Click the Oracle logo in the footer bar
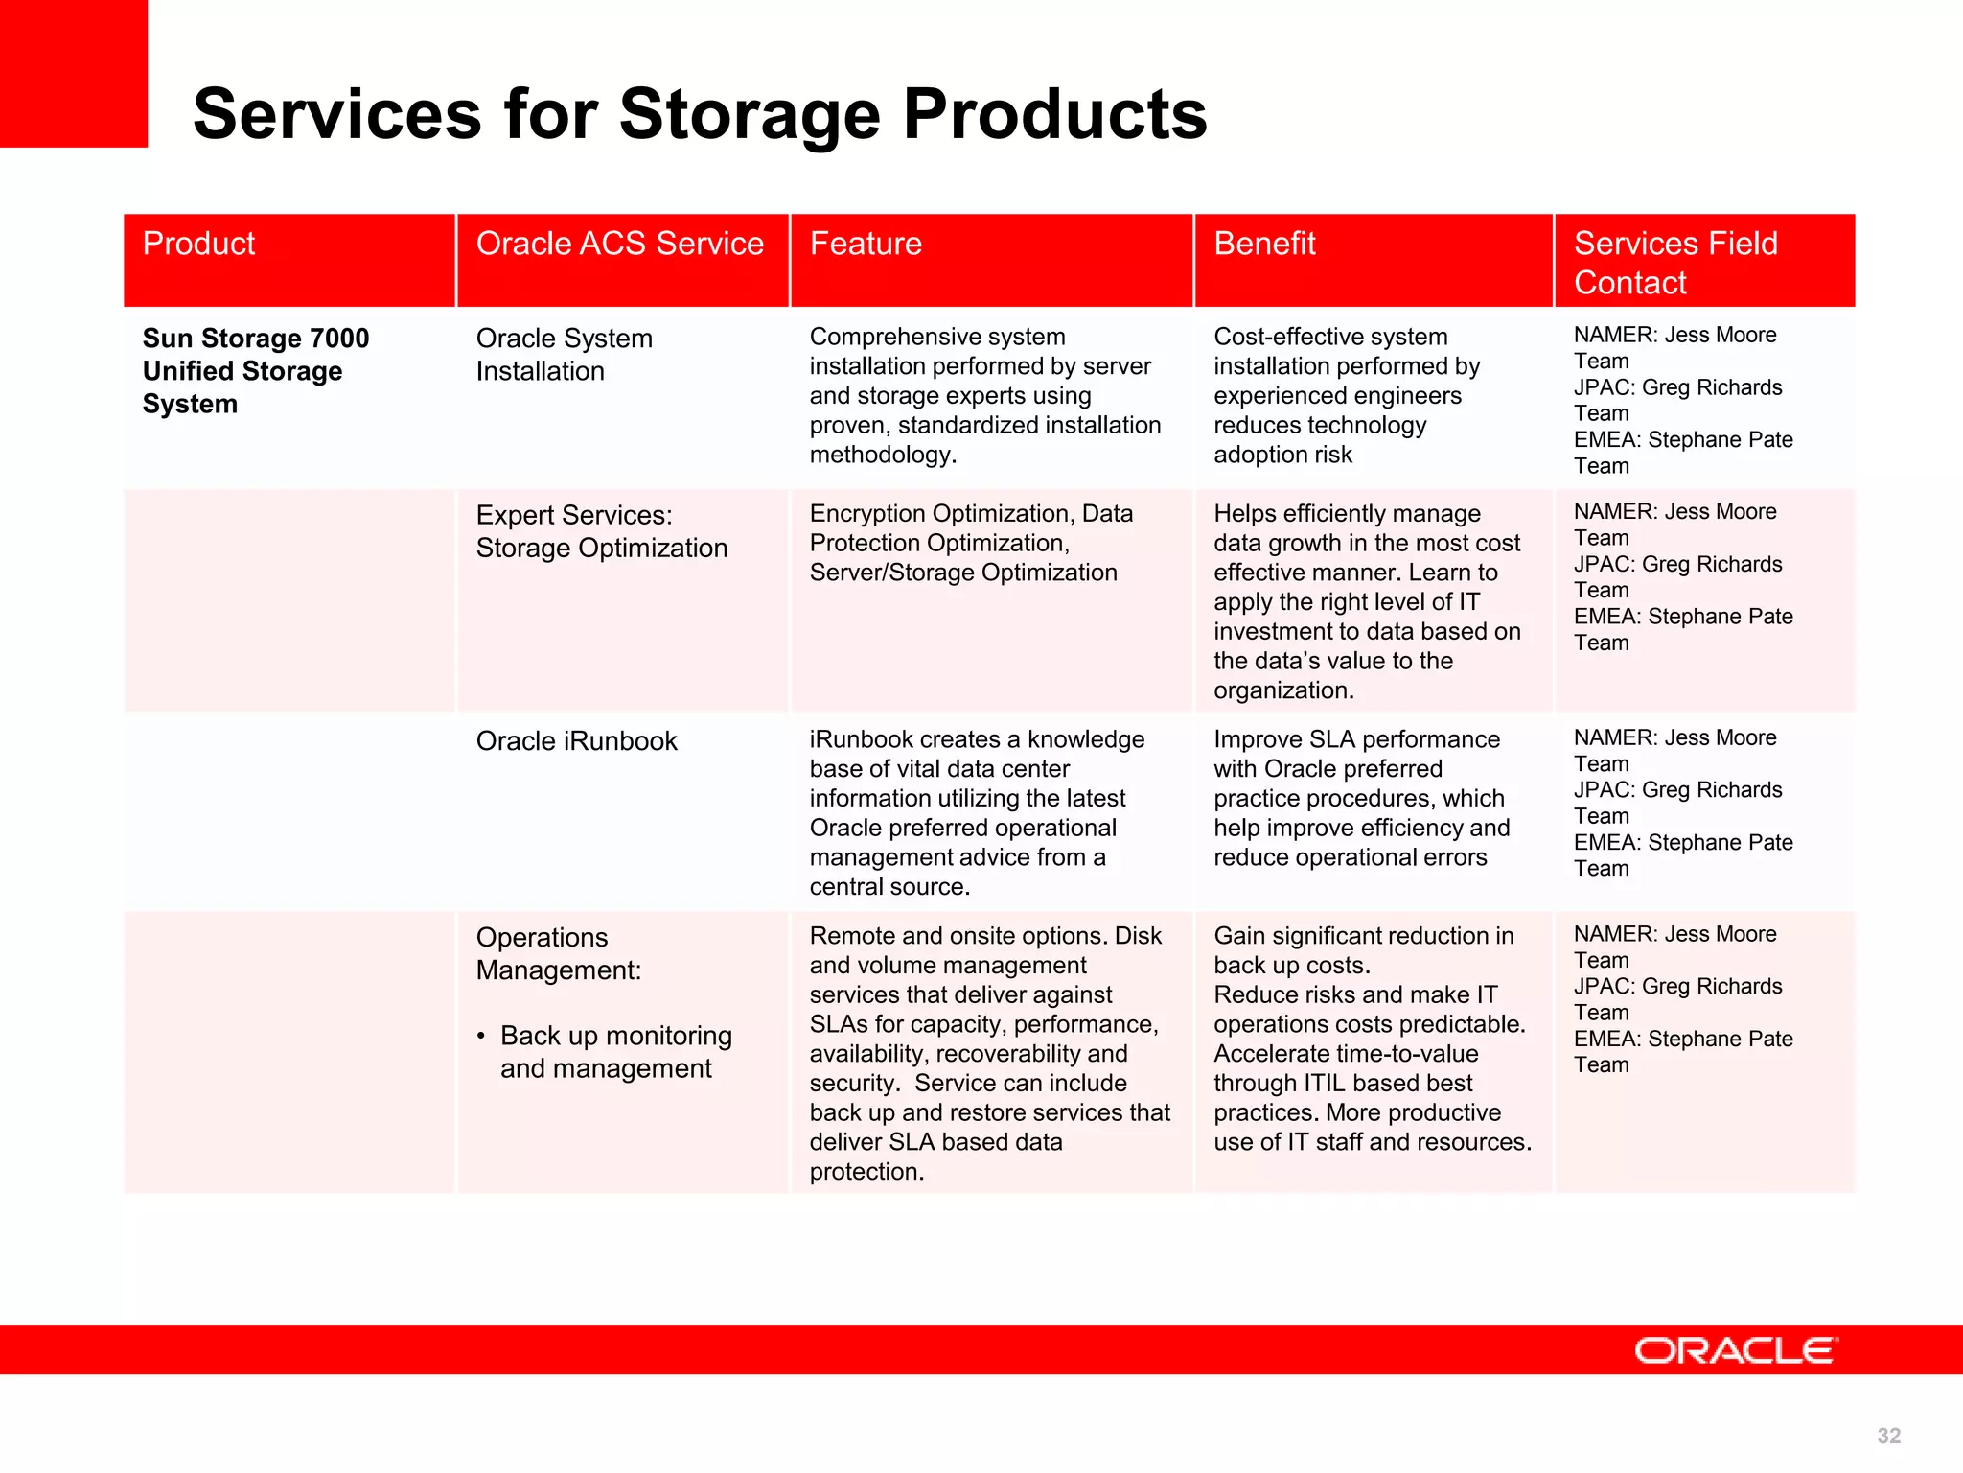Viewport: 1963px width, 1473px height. (x=1735, y=1350)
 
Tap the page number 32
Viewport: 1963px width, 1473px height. (x=1888, y=1436)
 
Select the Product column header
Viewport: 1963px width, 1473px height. (x=199, y=244)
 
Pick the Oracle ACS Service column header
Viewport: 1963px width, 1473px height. (x=619, y=244)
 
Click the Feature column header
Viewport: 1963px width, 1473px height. (x=866, y=244)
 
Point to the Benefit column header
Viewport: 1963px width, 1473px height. (x=1264, y=244)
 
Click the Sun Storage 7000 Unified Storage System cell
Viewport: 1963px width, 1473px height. (x=255, y=371)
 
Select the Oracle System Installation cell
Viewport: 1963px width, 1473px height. (x=564, y=355)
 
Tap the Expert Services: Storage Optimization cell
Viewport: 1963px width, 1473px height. (x=601, y=531)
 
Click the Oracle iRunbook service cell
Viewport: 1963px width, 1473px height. (x=576, y=741)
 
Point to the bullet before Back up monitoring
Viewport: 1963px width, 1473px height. (x=481, y=1037)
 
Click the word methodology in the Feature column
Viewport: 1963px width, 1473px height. (x=882, y=455)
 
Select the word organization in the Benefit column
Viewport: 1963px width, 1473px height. (x=1282, y=690)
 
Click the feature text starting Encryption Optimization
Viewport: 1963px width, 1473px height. (x=970, y=543)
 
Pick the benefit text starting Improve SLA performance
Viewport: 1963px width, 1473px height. (x=1360, y=798)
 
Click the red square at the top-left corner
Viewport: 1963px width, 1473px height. (x=73, y=73)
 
